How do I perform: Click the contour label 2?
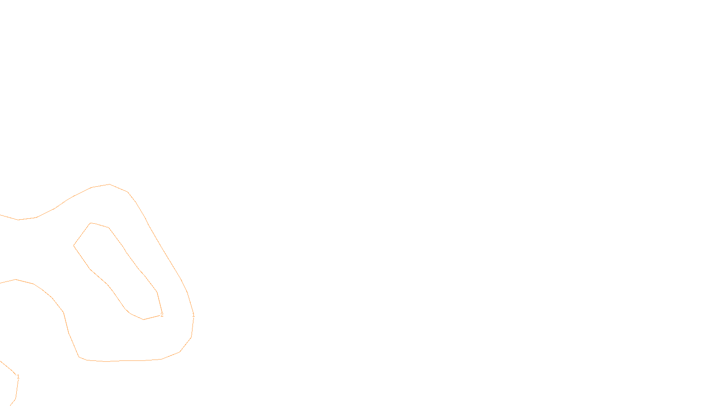162,315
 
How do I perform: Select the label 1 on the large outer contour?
193,315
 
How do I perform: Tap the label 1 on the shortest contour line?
18,377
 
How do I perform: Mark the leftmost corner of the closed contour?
74,246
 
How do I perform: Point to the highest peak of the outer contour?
109,184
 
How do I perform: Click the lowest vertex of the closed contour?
143,320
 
